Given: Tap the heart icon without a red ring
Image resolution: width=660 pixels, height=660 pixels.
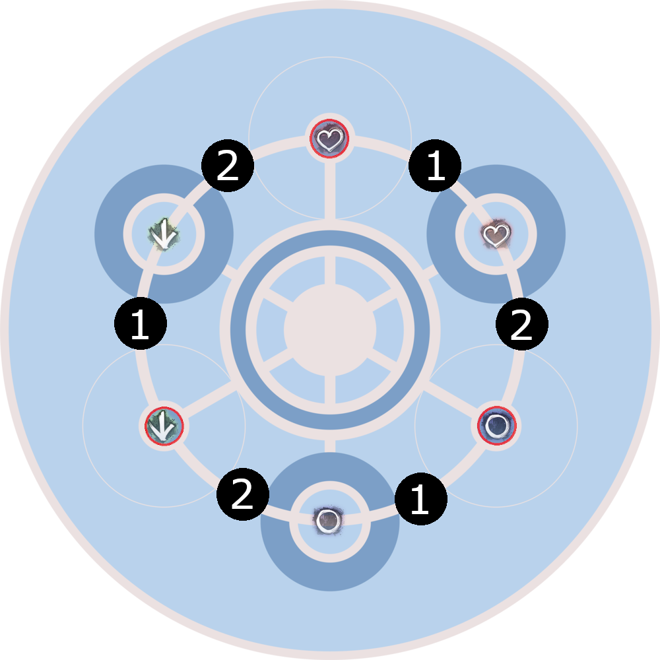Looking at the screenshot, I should pos(496,234).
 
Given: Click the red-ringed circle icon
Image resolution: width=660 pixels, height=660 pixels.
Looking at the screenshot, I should pos(496,426).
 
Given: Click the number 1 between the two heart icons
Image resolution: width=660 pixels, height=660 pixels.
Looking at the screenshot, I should pos(435,169).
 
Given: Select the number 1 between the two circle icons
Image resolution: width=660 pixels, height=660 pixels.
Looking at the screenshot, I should pos(420,500).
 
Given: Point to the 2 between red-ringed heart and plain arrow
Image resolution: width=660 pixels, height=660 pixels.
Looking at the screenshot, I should pos(227,168).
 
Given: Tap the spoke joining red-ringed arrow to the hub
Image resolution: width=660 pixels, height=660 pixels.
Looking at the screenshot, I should pos(205,402).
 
